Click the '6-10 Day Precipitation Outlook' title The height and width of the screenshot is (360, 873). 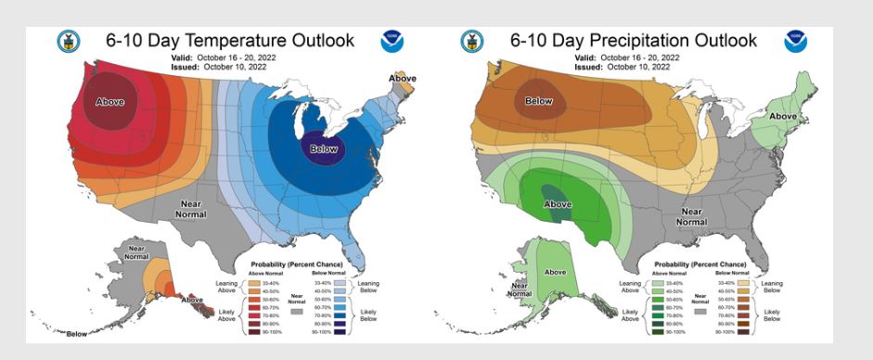tap(634, 41)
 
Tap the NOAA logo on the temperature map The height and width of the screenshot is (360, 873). tap(393, 42)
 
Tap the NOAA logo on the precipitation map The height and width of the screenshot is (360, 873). tap(795, 42)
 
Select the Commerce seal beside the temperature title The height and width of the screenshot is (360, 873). tap(69, 42)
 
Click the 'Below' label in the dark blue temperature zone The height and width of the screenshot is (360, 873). tap(323, 149)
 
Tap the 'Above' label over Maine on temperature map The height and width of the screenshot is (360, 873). tap(402, 79)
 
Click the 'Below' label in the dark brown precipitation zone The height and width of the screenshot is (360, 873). tap(539, 101)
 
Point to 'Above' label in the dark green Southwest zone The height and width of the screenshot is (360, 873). tap(557, 203)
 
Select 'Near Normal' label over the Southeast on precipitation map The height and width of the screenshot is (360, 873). tap(691, 216)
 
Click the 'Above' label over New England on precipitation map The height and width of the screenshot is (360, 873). tap(784, 116)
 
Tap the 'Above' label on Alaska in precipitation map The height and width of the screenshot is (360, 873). tap(555, 272)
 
